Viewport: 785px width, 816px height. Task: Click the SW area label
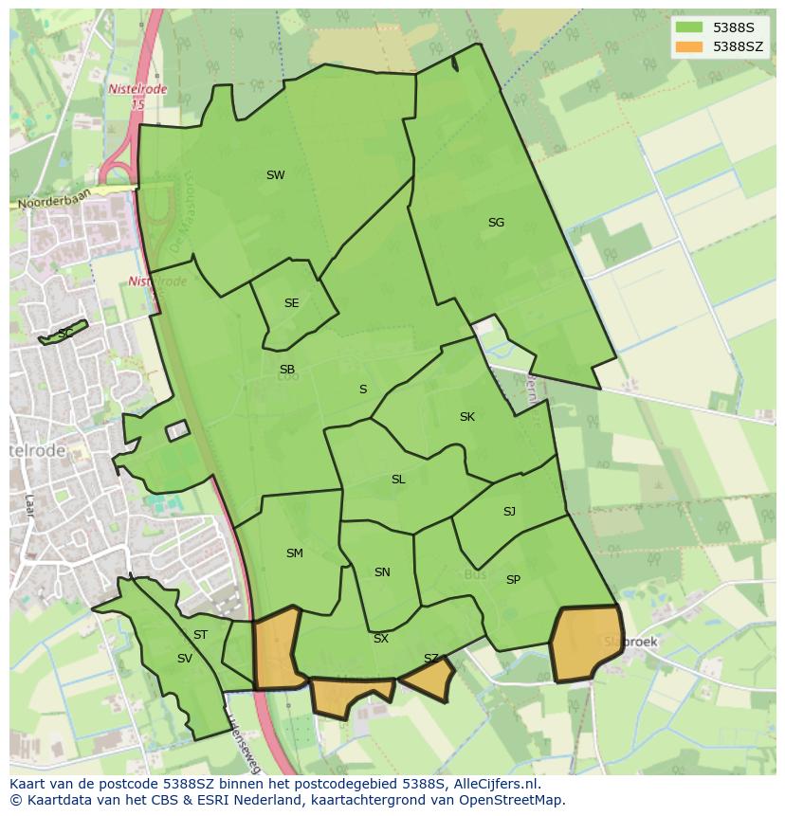click(x=275, y=175)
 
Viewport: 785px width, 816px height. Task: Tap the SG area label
click(x=496, y=223)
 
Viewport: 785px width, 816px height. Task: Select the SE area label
click(x=291, y=303)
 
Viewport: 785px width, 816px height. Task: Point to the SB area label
click(x=286, y=370)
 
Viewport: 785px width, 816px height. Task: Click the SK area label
click(x=466, y=417)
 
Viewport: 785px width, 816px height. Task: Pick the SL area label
click(x=398, y=480)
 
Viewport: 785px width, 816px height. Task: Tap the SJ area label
click(x=509, y=512)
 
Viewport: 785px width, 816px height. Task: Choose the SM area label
click(x=294, y=553)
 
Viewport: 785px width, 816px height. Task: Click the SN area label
click(x=382, y=572)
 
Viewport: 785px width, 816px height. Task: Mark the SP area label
click(x=513, y=580)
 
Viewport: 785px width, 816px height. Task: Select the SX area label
click(x=380, y=639)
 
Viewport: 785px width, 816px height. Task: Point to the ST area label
click(x=200, y=635)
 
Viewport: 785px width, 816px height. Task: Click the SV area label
click(x=184, y=659)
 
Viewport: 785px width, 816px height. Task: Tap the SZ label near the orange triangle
click(x=431, y=659)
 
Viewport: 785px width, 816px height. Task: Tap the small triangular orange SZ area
click(x=430, y=679)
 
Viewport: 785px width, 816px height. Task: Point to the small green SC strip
click(x=64, y=333)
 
